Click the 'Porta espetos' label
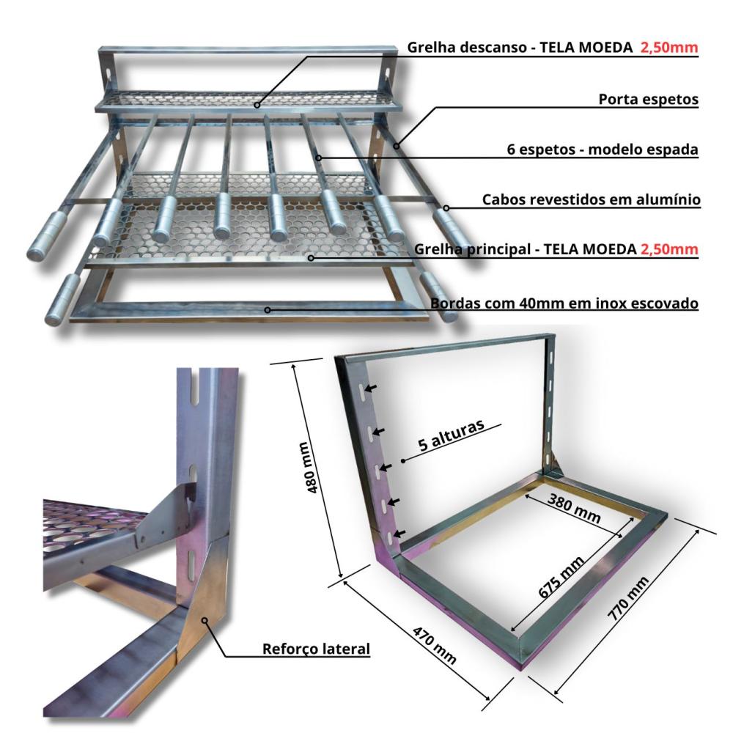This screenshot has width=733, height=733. pyautogui.click(x=649, y=99)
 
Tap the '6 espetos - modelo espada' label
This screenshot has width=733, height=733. pyautogui.click(x=603, y=149)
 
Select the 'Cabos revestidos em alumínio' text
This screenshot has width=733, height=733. pyautogui.click(x=592, y=199)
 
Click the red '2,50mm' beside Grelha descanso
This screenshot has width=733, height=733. pyautogui.click(x=669, y=47)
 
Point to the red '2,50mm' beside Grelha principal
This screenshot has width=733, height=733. pyautogui.click(x=669, y=249)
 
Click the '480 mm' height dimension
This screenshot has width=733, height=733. pyautogui.click(x=312, y=468)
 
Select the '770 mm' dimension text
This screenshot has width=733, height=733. pyautogui.click(x=628, y=598)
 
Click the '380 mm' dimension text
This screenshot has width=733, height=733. pyautogui.click(x=574, y=508)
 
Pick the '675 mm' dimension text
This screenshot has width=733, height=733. pyautogui.click(x=561, y=577)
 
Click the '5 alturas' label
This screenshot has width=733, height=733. pyautogui.click(x=451, y=435)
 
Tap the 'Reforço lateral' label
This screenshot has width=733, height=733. pyautogui.click(x=316, y=649)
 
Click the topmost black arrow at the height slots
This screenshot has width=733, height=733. pyautogui.click(x=372, y=388)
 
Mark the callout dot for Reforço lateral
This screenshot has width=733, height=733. pyautogui.click(x=205, y=620)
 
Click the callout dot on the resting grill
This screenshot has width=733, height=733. pyautogui.click(x=257, y=105)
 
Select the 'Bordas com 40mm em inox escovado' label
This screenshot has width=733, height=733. pyautogui.click(x=564, y=303)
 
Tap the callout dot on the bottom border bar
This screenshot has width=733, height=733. pyautogui.click(x=268, y=310)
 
